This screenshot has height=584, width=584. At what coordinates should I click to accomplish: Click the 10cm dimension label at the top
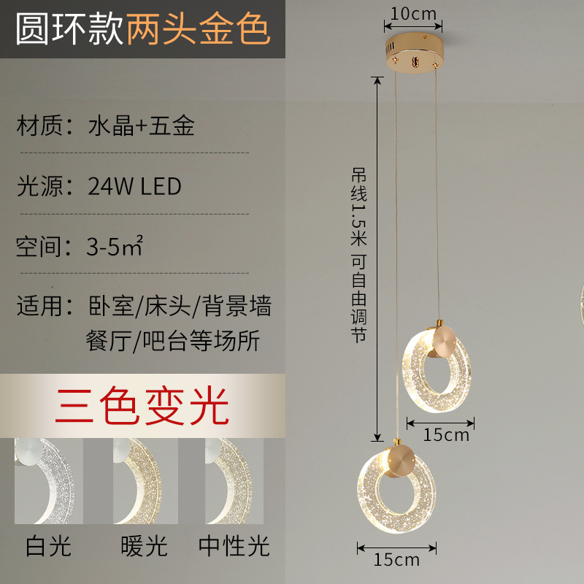tap(413, 13)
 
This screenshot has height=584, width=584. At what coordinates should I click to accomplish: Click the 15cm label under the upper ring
tap(446, 435)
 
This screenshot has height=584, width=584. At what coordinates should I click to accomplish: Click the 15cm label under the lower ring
tap(396, 560)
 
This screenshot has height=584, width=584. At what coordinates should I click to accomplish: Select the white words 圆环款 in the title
tap(69, 31)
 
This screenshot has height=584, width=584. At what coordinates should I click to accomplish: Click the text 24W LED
tap(134, 186)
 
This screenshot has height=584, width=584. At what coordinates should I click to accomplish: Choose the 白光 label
tap(48, 546)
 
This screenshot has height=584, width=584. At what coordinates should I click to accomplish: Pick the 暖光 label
tap(144, 546)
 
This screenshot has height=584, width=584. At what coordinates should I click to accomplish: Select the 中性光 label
tap(234, 546)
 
